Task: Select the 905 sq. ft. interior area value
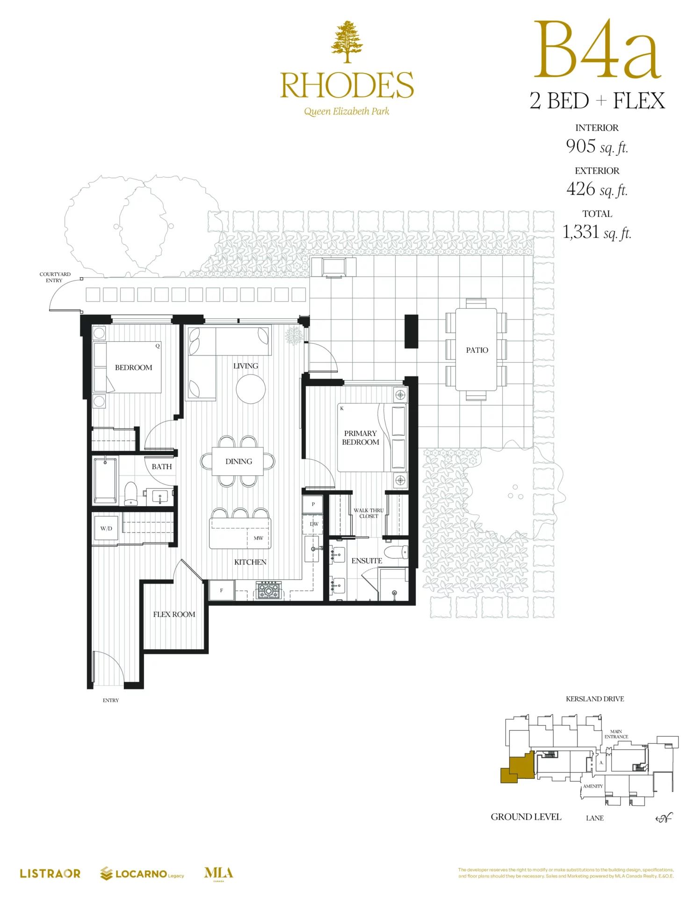point(597,146)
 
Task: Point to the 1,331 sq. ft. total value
point(597,232)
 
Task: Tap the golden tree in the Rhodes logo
point(347,42)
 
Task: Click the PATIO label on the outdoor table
point(477,350)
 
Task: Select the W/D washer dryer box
point(106,528)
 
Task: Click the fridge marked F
point(222,590)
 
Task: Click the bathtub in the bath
point(106,480)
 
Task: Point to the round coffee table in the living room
point(251,389)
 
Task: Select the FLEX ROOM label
point(174,614)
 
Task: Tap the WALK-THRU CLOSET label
point(369,513)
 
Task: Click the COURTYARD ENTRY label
point(55,277)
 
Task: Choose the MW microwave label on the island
point(258,538)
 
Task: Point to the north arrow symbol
point(664,818)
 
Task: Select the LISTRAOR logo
point(50,873)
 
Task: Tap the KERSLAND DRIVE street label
point(595,699)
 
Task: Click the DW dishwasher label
point(314,524)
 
